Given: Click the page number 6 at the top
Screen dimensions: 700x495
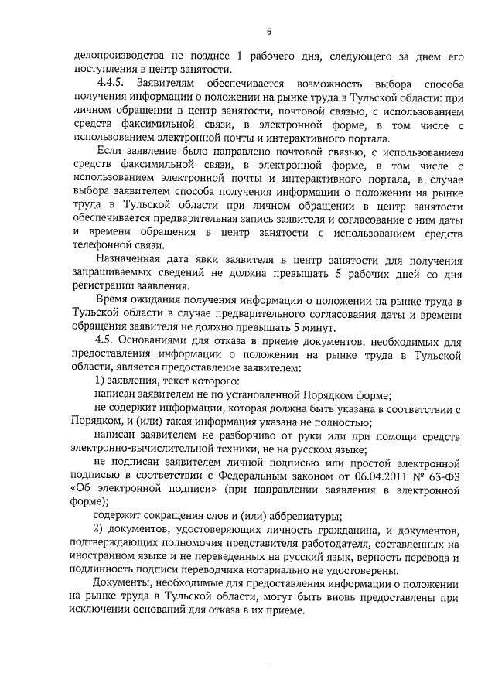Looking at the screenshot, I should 268,32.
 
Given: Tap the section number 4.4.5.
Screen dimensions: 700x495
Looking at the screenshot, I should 111,82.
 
